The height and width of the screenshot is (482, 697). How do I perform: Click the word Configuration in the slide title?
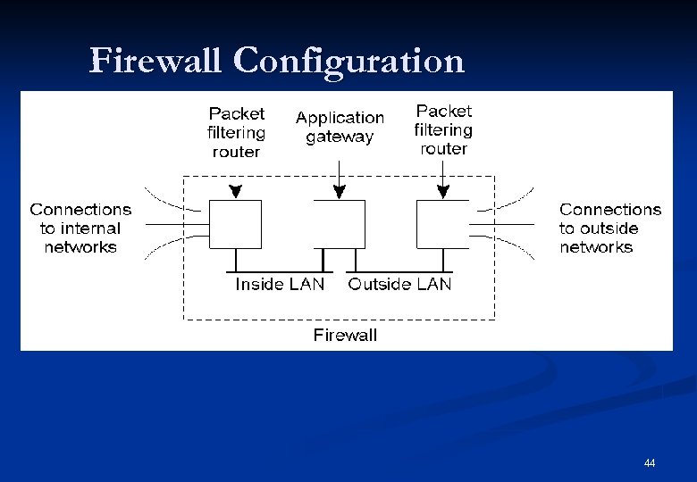(x=348, y=61)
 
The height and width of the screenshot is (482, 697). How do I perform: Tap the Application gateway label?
(x=340, y=127)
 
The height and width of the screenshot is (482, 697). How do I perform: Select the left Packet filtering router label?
(x=236, y=132)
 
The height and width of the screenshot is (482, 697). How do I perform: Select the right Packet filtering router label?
(x=443, y=129)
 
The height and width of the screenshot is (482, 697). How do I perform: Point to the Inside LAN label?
(x=280, y=284)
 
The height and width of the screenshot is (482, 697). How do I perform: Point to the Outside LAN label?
(x=399, y=284)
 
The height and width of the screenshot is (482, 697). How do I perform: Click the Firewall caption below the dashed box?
(x=345, y=335)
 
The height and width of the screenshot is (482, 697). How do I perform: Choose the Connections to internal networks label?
(x=80, y=228)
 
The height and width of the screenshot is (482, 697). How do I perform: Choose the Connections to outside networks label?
(x=610, y=228)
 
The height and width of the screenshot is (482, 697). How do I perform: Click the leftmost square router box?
(x=235, y=224)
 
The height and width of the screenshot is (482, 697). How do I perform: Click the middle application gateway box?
(x=339, y=224)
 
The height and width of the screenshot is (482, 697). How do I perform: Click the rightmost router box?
(x=442, y=224)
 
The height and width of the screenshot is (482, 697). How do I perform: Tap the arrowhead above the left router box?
(x=235, y=191)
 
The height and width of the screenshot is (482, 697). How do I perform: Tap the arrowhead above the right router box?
(x=442, y=191)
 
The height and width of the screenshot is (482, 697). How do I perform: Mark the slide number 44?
(x=650, y=462)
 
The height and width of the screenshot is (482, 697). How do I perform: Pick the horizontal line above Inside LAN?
(x=280, y=271)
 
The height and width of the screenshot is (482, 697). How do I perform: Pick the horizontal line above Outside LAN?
(x=399, y=271)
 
